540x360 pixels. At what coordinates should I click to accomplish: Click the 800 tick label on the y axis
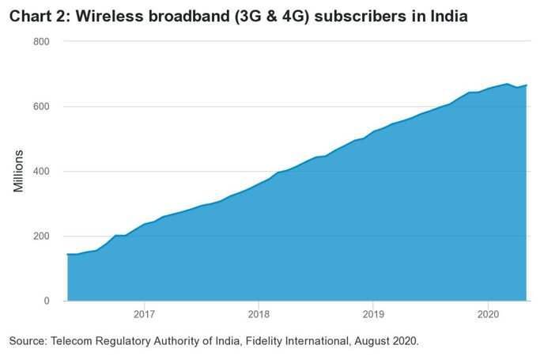(x=41, y=42)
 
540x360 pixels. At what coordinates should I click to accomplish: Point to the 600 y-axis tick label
(x=41, y=107)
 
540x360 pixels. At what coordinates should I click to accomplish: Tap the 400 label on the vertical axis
(x=41, y=171)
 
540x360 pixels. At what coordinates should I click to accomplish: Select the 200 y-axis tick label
(x=41, y=236)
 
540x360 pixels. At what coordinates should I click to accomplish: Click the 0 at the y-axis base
(x=47, y=301)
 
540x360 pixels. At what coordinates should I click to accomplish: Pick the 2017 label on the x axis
(x=145, y=314)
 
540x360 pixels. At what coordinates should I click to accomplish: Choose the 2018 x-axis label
(x=259, y=314)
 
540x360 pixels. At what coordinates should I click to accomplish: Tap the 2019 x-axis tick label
(x=373, y=314)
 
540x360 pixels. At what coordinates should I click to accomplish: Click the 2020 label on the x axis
(x=488, y=314)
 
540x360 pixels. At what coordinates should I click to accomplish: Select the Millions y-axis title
(x=18, y=171)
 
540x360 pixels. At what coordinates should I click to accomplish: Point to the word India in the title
(x=449, y=16)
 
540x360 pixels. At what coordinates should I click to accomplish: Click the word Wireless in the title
(x=110, y=16)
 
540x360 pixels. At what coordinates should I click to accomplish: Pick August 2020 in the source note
(x=387, y=341)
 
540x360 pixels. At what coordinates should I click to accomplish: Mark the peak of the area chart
(x=507, y=84)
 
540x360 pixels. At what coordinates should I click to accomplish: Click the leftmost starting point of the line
(x=68, y=254)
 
